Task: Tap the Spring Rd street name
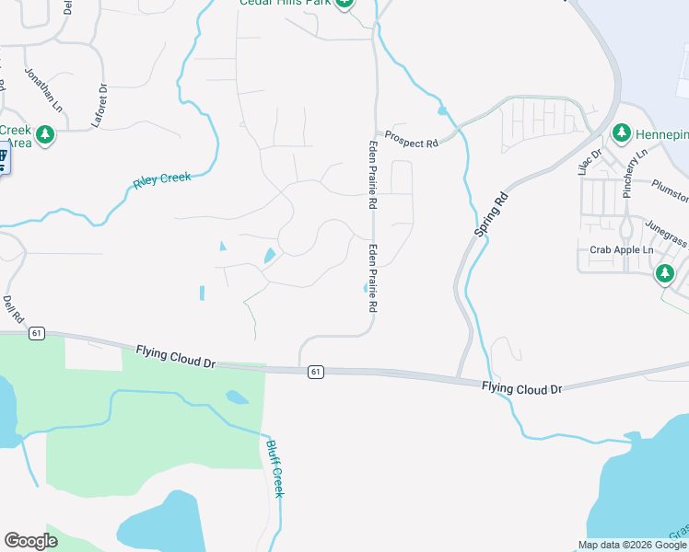click(492, 214)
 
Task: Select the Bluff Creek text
click(274, 468)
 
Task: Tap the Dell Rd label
click(12, 303)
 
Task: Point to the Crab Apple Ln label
click(621, 250)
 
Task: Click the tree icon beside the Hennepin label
click(621, 134)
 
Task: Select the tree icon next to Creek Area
click(43, 136)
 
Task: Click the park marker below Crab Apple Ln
click(664, 273)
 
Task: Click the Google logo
click(30, 541)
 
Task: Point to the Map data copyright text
click(632, 545)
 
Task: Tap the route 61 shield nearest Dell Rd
click(36, 332)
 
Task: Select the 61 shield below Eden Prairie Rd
click(316, 372)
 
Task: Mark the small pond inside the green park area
click(237, 398)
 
